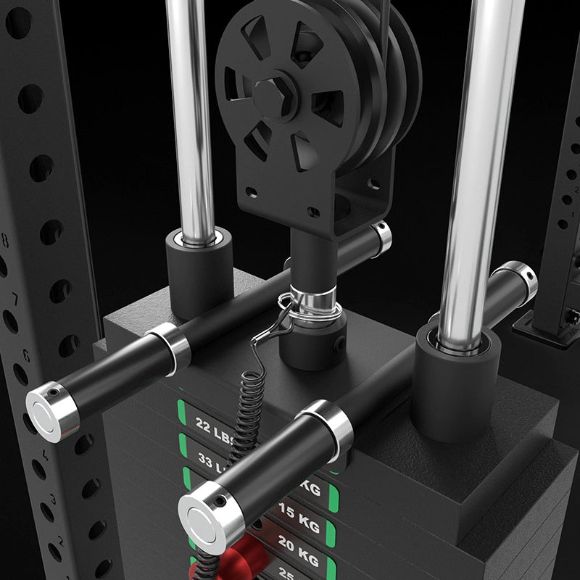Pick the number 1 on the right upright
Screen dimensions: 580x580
(x=572, y=215)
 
